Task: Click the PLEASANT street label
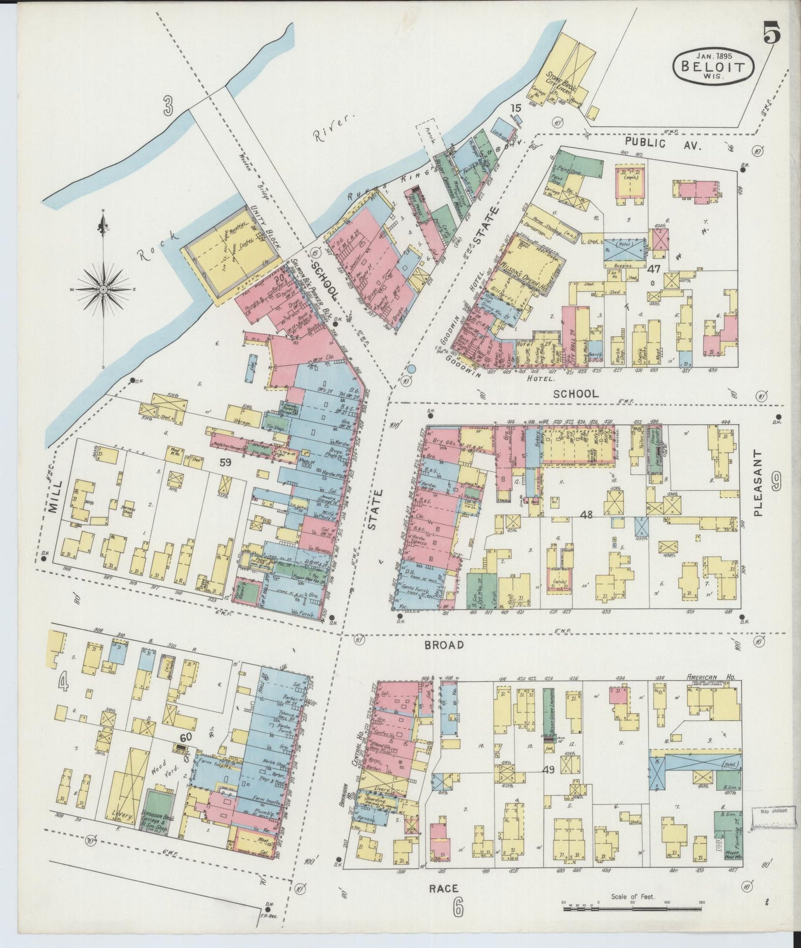click(x=759, y=482)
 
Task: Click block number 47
click(x=654, y=269)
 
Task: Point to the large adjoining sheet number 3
click(x=170, y=105)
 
